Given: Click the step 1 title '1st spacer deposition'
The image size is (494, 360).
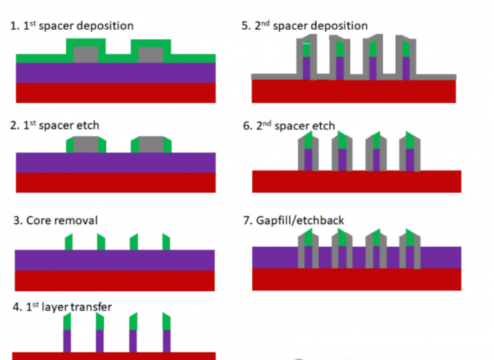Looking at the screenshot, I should pyautogui.click(x=71, y=25).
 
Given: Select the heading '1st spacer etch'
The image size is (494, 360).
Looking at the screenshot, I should pyautogui.click(x=54, y=125).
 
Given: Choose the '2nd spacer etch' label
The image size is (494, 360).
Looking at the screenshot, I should pyautogui.click(x=288, y=126).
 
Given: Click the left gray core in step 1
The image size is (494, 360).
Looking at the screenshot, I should pyautogui.click(x=86, y=54).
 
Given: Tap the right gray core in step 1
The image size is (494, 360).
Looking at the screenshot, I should pyautogui.click(x=150, y=54).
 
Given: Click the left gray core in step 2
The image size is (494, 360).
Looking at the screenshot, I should pyautogui.click(x=86, y=144).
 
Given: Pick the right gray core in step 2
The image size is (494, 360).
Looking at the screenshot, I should pyautogui.click(x=150, y=144).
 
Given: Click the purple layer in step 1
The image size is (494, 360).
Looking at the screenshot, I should pyautogui.click(x=116, y=73).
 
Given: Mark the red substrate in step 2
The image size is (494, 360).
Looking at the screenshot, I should pyautogui.click(x=116, y=182).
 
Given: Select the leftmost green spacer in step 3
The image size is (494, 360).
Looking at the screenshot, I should pyautogui.click(x=68, y=242).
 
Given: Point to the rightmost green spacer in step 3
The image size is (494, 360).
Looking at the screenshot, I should pyautogui.click(x=166, y=242).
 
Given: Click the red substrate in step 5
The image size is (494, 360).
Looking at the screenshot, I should pyautogui.click(x=353, y=91).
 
